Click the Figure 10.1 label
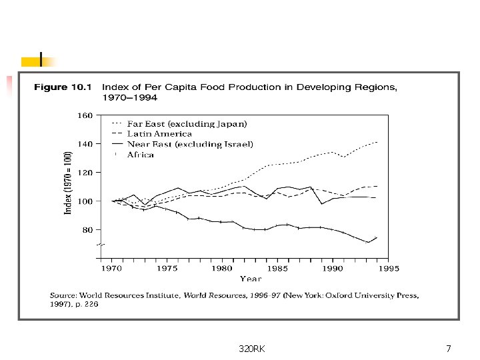pos(59,87)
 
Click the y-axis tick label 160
pos(85,115)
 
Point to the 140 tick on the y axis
pos(85,144)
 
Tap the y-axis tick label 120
pos(85,173)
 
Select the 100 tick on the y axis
pos(85,201)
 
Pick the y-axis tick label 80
pos(87,230)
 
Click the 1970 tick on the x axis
pos(111,269)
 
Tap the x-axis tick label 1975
pos(167,269)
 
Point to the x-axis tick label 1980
pos(222,269)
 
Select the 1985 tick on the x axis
pos(277,269)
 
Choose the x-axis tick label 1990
pos(333,269)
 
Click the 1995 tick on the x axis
pos(388,269)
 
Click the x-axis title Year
pos(250,279)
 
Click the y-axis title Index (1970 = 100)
pos(68,182)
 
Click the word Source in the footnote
pos(62,295)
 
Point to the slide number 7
pos(448,349)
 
